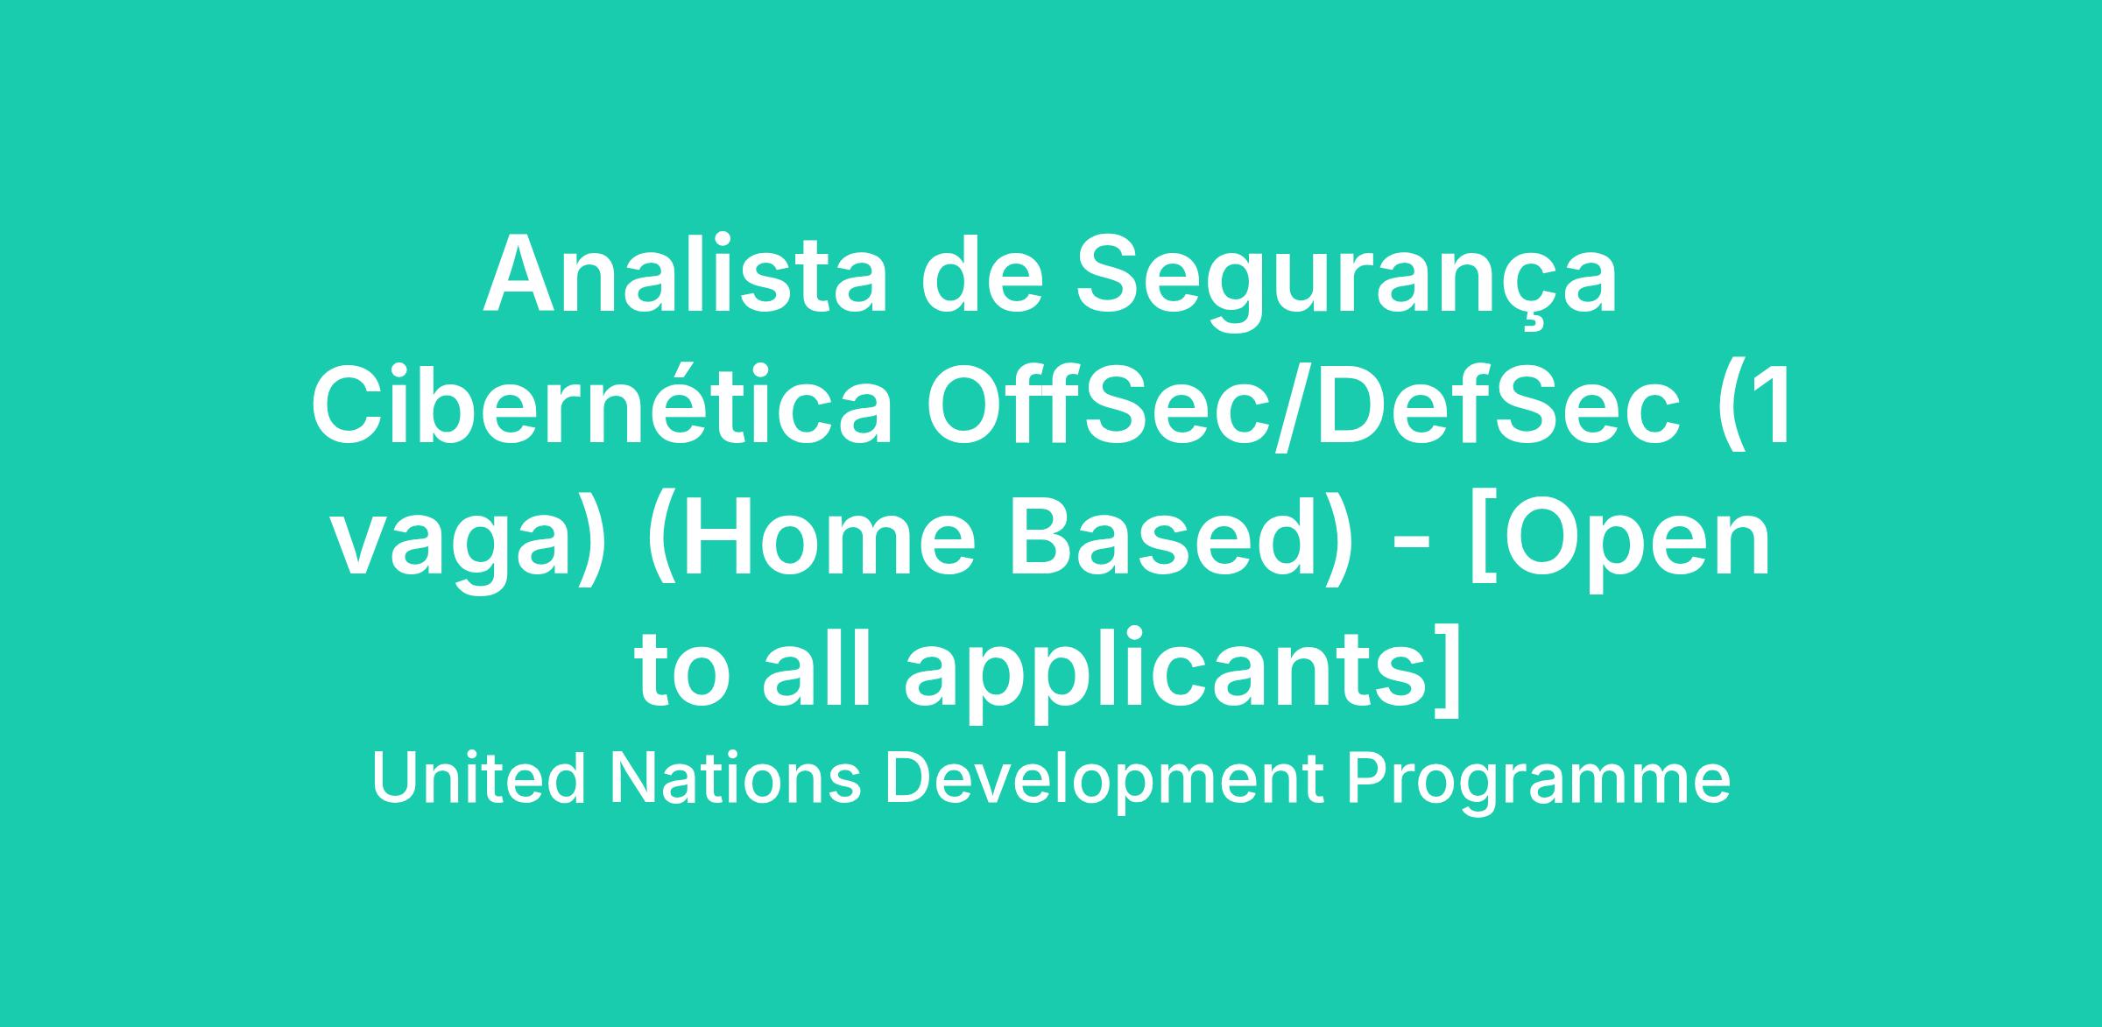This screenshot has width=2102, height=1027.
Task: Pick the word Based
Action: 1161,537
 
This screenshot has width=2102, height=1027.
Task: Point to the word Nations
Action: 736,779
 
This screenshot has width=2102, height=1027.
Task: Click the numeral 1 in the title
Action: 1770,404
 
